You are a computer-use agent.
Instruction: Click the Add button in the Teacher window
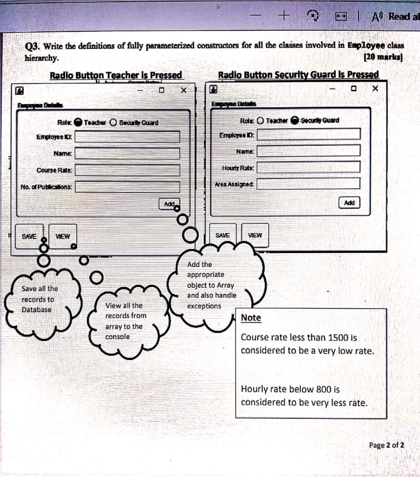pos(169,204)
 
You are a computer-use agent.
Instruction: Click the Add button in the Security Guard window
pos(349,203)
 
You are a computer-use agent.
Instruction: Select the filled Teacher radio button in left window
pos(78,123)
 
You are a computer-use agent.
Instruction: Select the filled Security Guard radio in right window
pos(295,121)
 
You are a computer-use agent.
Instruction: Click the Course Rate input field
pos(128,170)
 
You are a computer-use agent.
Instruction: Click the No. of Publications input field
pos(128,187)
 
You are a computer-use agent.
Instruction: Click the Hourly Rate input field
pos(309,167)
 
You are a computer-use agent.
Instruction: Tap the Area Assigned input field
pos(309,184)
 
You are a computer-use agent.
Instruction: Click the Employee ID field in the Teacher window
pos(128,137)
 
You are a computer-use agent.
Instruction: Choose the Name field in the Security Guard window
pos(309,151)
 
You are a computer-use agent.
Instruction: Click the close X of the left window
pos(183,90)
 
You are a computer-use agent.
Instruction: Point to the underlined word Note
pos(251,318)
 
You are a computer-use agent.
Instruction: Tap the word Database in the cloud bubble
pos(37,310)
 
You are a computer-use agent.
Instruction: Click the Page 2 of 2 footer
pos(386,445)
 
